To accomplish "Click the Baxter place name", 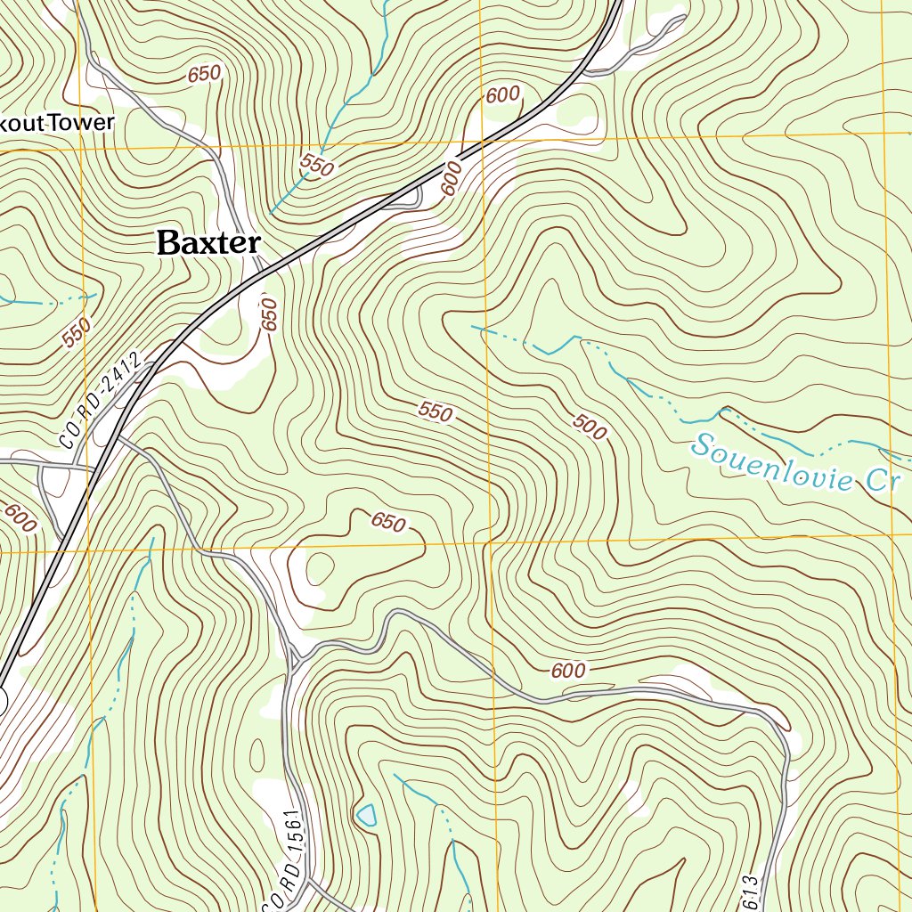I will pos(208,242).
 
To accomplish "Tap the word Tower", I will pos(84,123).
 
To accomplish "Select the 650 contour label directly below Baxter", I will pos(270,314).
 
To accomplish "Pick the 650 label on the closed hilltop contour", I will pos(388,521).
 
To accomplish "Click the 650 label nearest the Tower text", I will pos(204,76).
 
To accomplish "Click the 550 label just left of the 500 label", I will pos(436,412).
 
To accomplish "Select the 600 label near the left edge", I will pos(20,518).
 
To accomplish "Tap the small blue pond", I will pos(366,814).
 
